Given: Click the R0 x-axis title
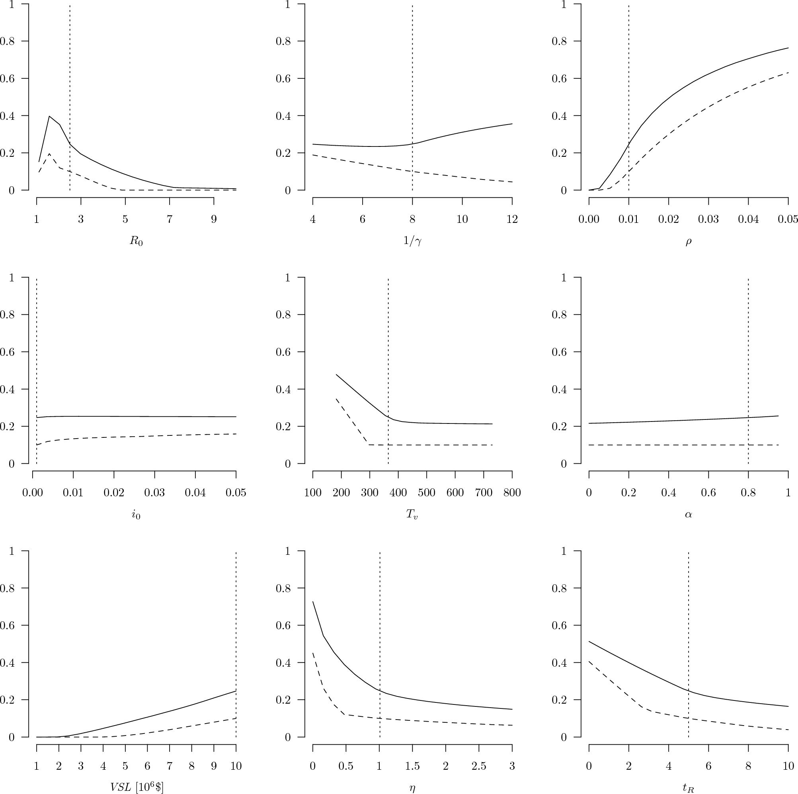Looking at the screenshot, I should tap(136, 241).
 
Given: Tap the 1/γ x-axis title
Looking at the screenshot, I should tap(412, 241).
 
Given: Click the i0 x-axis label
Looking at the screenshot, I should tap(136, 515).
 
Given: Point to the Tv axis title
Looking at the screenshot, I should tap(412, 514).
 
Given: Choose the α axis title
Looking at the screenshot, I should tap(688, 515).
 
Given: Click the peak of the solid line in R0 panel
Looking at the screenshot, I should tap(49, 116).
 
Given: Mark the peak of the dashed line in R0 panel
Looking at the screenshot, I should tap(49, 154).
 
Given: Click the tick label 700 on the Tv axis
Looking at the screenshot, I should tap(483, 493).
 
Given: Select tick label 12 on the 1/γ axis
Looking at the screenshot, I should tap(512, 219).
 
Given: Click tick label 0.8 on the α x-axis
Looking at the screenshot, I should tap(748, 493).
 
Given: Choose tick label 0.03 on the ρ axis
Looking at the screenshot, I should tap(708, 219).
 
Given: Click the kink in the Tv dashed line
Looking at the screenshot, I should tap(368, 445).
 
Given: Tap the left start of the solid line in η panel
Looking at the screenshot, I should tap(313, 601).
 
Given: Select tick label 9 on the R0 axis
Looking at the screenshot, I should tap(214, 219).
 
